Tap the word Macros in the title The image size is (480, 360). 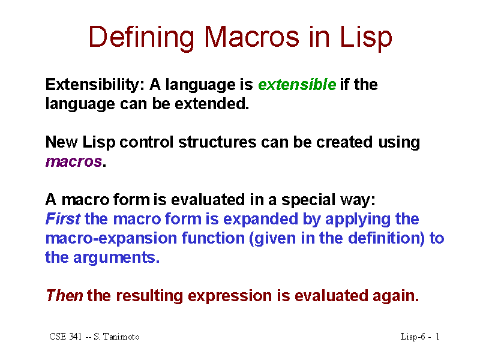(x=251, y=37)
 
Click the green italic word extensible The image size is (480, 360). (x=297, y=85)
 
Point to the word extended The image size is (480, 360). (x=212, y=104)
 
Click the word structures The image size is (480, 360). (x=217, y=142)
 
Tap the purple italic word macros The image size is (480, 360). (x=74, y=162)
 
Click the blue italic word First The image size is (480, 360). (x=63, y=219)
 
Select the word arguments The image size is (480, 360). (x=116, y=258)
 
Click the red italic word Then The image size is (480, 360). (x=64, y=296)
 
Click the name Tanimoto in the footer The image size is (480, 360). (x=121, y=337)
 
